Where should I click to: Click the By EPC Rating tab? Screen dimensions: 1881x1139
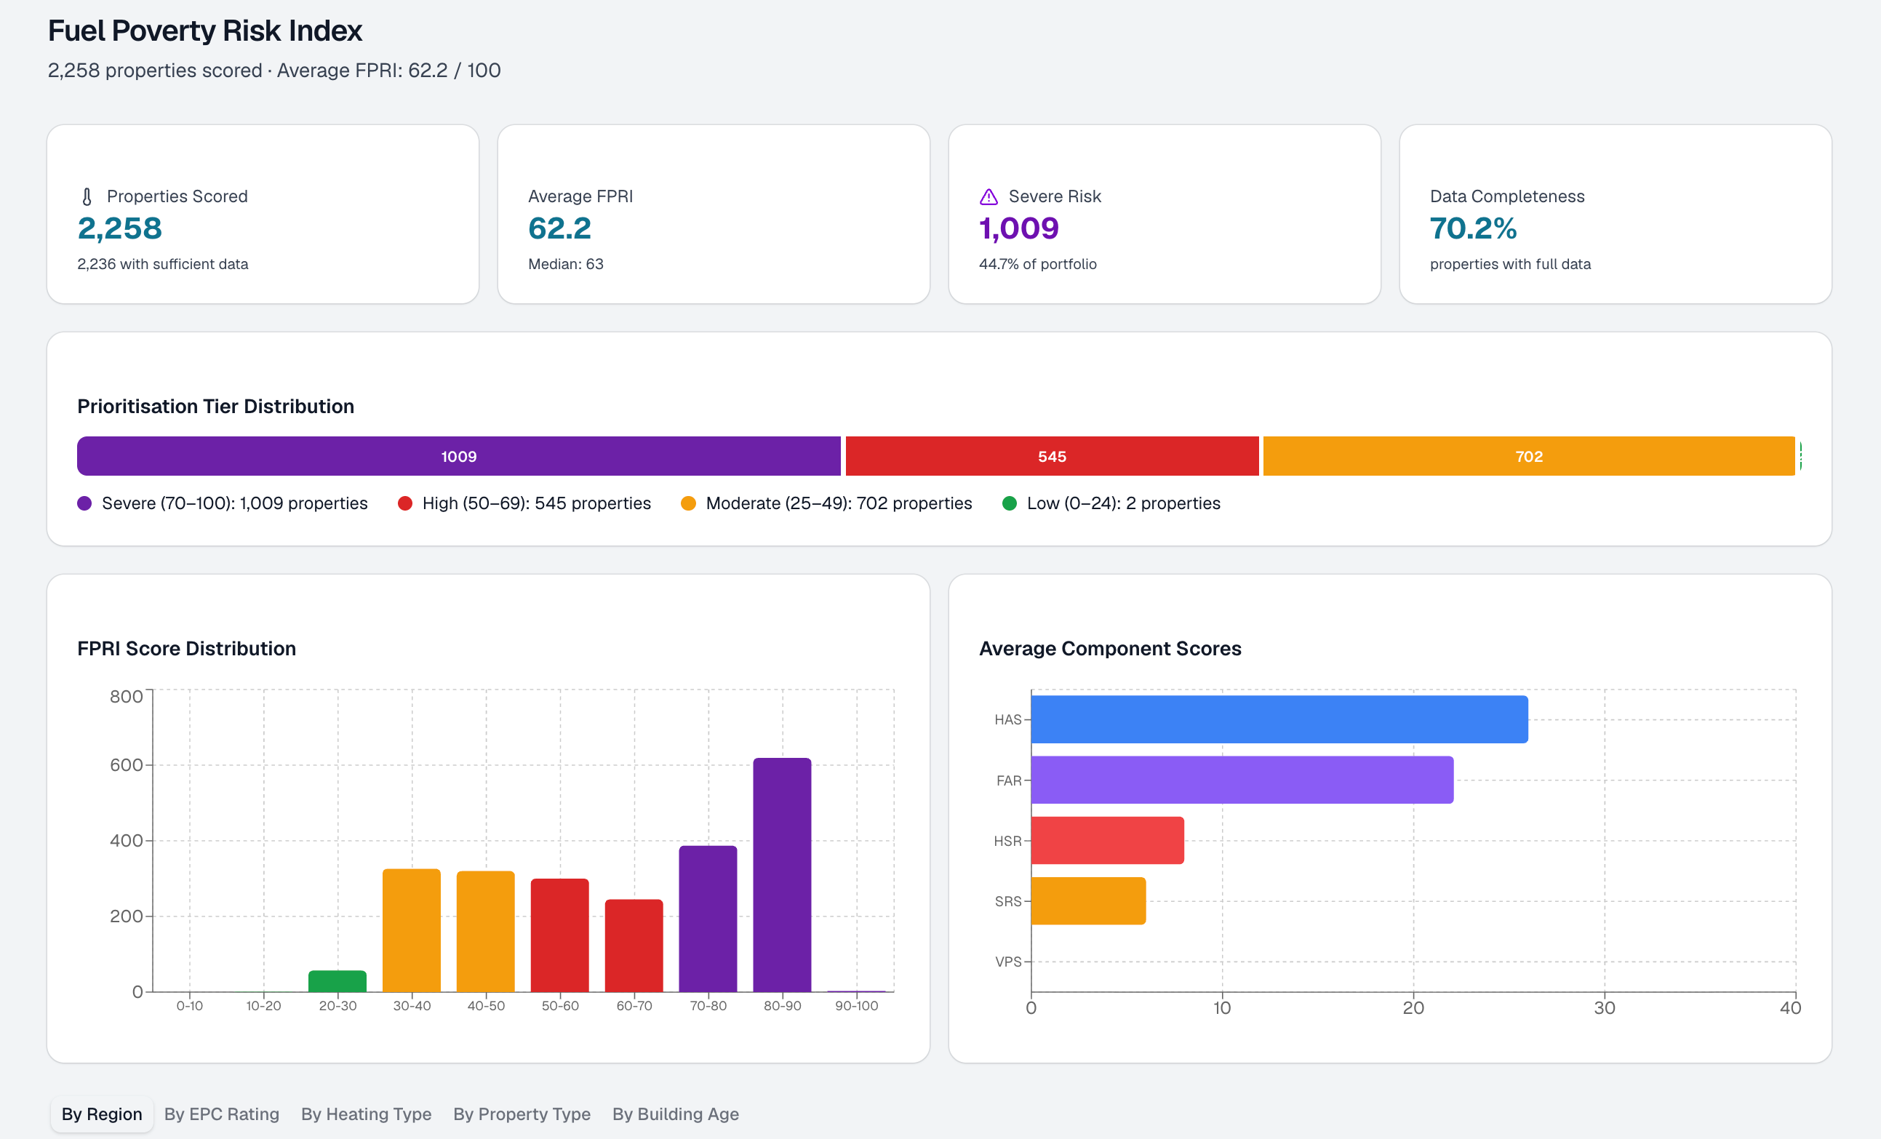[221, 1114]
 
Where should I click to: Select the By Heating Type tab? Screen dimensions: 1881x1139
[367, 1114]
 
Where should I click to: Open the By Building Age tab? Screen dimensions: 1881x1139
[676, 1114]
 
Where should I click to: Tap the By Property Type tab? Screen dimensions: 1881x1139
[522, 1114]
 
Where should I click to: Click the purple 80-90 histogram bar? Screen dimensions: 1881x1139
[782, 875]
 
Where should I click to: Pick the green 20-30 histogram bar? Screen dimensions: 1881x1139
[338, 981]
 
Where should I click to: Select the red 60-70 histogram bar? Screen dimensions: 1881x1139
[634, 946]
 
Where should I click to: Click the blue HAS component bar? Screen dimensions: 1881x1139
[1279, 719]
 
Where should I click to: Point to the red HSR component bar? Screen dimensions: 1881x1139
[1108, 841]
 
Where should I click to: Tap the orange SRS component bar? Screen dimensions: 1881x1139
[1089, 901]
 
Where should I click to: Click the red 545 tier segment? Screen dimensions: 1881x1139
[1052, 457]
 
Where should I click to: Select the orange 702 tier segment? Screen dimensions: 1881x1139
[1529, 457]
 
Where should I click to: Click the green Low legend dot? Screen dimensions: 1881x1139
[1009, 503]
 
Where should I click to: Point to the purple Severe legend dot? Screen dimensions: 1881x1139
[84, 503]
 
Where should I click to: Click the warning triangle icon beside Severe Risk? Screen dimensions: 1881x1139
[989, 197]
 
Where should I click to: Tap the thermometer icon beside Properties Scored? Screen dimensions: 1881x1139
[87, 197]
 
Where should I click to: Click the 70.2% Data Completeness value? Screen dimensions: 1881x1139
[1473, 228]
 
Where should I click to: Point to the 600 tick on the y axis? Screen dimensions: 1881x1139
[126, 765]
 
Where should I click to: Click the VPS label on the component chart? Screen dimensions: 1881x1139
[1007, 962]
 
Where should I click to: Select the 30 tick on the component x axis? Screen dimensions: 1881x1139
[1604, 1007]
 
